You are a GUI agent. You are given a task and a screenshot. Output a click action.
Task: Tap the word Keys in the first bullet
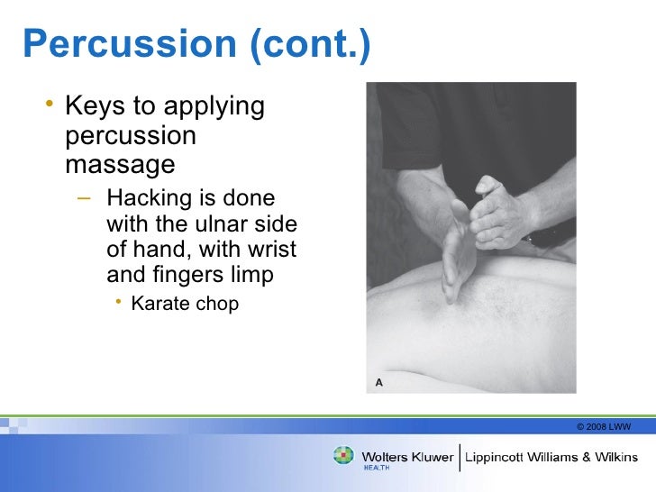pos(94,107)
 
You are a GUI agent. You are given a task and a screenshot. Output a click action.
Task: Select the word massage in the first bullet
pos(120,165)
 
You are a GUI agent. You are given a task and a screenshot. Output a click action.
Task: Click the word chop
pos(217,304)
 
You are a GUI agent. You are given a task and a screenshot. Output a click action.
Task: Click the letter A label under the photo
pos(379,383)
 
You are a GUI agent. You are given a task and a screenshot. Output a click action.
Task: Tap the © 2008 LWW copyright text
pos(603,426)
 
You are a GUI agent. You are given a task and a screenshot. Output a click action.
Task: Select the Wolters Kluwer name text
pos(407,456)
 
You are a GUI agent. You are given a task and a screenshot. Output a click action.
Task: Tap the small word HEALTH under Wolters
pos(377,469)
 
